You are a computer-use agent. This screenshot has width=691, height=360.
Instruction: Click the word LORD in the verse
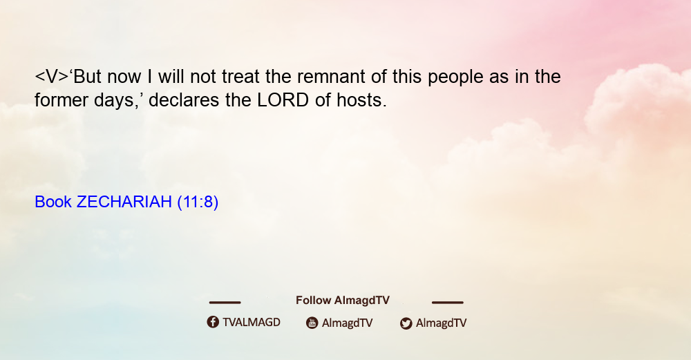coord(283,100)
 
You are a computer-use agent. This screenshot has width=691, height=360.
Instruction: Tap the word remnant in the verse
coord(332,77)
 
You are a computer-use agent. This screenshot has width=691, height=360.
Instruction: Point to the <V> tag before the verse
coord(52,77)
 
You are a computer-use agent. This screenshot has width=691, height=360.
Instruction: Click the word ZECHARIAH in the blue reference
coord(124,202)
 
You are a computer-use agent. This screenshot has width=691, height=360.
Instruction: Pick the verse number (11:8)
coord(198,202)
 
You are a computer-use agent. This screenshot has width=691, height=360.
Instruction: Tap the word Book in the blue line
coord(53,202)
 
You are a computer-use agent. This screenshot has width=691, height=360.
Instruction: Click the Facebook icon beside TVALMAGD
coord(213,322)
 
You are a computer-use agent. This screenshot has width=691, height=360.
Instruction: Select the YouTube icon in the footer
coord(312,323)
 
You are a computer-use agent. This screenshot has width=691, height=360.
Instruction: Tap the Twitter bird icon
coord(406,323)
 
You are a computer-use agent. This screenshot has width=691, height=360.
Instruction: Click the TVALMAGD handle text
coord(252,322)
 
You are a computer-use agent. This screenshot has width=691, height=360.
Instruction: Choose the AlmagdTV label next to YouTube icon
coord(348,323)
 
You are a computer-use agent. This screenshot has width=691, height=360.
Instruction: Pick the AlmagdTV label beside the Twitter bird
coord(441,323)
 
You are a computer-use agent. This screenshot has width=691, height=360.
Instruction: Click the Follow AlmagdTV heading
coord(343,300)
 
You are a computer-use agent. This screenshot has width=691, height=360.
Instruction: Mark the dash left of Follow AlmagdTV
coord(225,302)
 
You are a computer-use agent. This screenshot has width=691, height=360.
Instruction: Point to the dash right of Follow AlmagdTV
coord(447,302)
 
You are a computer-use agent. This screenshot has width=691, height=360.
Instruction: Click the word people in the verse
coord(455,77)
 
